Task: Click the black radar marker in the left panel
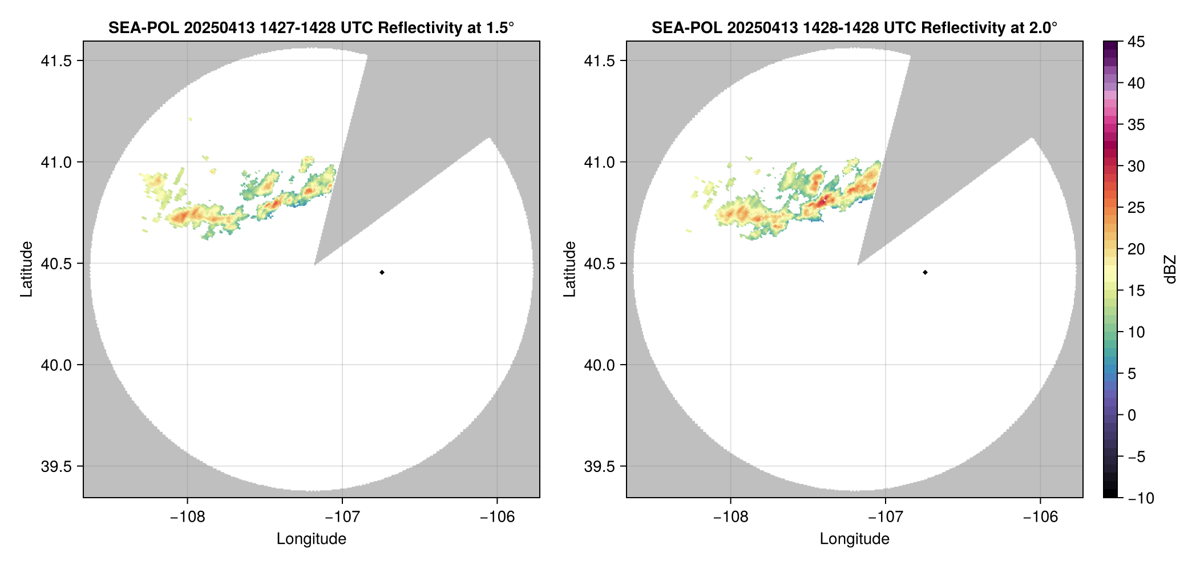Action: point(382,272)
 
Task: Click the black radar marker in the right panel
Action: point(925,272)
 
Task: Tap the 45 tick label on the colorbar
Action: point(1136,42)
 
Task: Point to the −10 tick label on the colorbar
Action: point(1141,498)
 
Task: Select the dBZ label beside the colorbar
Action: point(1170,269)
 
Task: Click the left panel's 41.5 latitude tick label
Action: point(56,61)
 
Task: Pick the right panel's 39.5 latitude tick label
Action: point(599,466)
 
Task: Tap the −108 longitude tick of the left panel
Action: point(187,517)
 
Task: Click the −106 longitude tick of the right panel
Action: point(1040,517)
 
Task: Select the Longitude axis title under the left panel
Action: point(312,539)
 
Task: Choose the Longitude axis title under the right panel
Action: point(855,539)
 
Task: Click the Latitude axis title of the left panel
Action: point(26,269)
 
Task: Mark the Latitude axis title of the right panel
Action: point(569,269)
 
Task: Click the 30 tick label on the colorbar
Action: point(1136,166)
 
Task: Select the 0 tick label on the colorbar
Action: point(1132,415)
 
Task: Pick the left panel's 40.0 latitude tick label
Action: point(56,365)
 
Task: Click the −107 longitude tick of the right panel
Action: point(885,517)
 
